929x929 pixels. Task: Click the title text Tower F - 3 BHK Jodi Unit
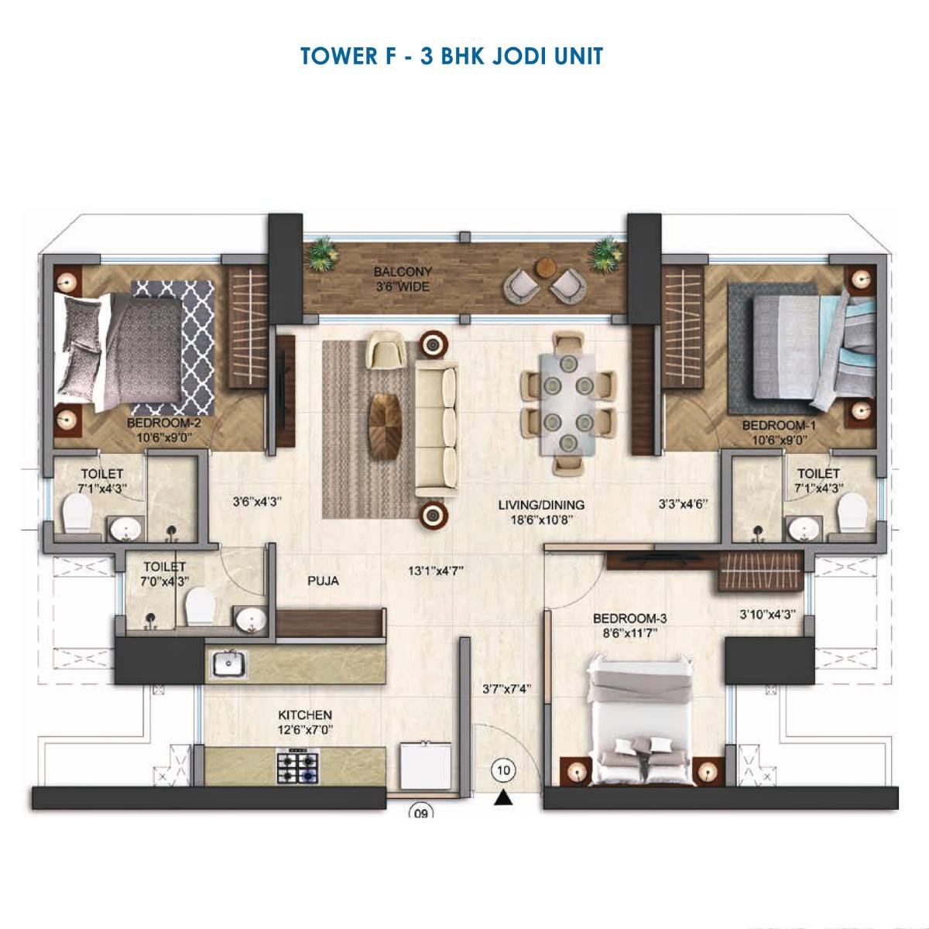click(x=451, y=57)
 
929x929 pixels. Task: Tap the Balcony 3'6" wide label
click(x=402, y=279)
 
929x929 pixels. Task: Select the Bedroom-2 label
click(x=163, y=430)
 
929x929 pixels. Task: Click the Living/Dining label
click(x=541, y=512)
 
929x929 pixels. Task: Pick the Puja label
click(x=323, y=580)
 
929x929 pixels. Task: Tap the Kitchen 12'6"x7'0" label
click(x=305, y=722)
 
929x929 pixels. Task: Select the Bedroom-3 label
click(x=629, y=626)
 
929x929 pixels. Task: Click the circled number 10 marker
click(x=504, y=770)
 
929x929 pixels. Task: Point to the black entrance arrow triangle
click(x=504, y=798)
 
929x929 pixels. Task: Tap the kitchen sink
click(x=228, y=664)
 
